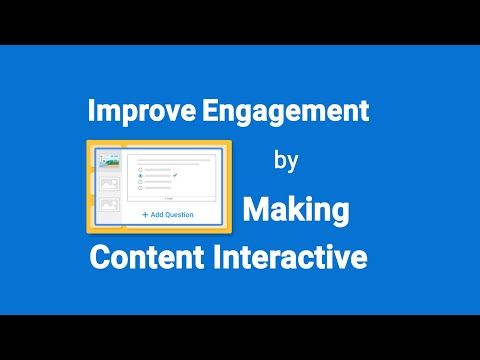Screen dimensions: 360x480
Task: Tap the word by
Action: [285, 159]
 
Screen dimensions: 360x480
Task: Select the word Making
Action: [297, 210]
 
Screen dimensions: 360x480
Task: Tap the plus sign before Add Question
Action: [144, 214]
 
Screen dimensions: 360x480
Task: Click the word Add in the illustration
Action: [156, 214]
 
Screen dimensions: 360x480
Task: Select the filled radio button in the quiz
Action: [140, 176]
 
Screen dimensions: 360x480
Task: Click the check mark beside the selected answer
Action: [175, 175]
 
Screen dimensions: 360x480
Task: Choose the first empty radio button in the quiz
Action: [140, 169]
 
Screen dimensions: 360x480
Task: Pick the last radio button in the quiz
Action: [140, 189]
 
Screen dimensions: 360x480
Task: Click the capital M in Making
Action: [257, 210]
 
